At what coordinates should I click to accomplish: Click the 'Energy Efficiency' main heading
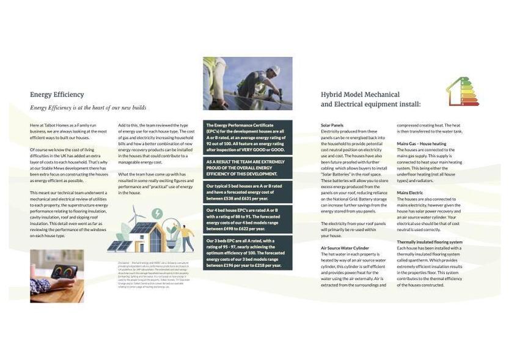pos(57,95)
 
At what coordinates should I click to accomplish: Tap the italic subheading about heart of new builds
pos(88,108)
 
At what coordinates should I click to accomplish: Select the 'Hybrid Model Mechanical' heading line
pos(360,95)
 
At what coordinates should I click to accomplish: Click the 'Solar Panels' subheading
pos(332,125)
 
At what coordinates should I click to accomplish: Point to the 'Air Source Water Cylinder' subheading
pos(345,248)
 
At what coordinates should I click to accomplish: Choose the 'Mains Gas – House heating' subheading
pos(421,144)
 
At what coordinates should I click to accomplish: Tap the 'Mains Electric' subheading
pos(410,193)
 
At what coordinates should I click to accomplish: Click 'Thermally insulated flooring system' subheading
pos(430,242)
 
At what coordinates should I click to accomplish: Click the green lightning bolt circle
pos(157,213)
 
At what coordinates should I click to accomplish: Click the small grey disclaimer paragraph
pos(145,274)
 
